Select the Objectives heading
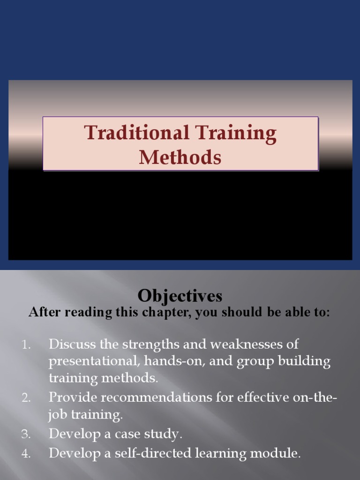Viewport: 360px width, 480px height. tap(180, 296)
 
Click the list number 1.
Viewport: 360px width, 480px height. tap(26, 345)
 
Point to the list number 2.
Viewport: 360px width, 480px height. tap(26, 398)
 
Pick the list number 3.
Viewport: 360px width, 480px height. tap(26, 435)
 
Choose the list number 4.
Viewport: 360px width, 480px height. tap(26, 453)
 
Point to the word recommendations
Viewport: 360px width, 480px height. tap(159, 397)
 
